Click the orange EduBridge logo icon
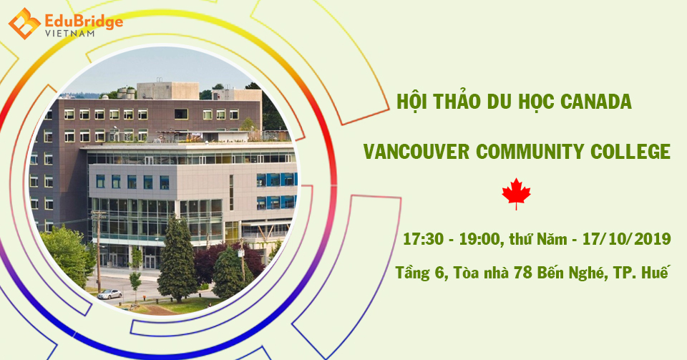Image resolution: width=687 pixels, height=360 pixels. click(24, 23)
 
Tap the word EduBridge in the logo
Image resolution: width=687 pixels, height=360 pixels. click(84, 21)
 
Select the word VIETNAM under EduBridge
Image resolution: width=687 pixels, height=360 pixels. click(69, 34)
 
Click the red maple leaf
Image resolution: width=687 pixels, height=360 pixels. click(516, 193)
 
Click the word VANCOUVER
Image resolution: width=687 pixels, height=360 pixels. click(416, 152)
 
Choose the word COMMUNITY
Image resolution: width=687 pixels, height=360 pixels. click(530, 152)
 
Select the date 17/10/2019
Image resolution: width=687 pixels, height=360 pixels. click(627, 239)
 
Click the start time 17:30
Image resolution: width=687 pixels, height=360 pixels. click(423, 239)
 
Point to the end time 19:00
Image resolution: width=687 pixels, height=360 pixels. click(479, 239)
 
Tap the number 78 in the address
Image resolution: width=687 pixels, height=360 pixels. click(522, 273)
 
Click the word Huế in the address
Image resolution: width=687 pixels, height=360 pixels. click(656, 272)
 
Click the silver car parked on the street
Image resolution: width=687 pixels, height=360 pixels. click(109, 294)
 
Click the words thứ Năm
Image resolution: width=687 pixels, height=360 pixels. click(538, 239)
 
